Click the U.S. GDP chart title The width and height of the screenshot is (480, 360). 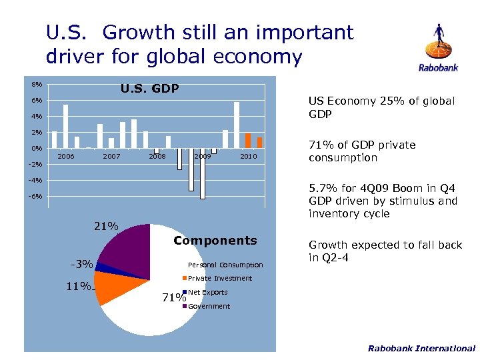149,88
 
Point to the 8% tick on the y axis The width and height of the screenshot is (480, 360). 36,85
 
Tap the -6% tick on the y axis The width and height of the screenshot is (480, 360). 35,197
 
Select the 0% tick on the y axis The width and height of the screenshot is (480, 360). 37,148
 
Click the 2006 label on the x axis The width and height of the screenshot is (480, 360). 65,157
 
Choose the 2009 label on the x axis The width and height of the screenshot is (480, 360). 203,157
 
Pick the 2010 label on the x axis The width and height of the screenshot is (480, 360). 248,157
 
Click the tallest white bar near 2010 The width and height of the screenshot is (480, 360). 237,125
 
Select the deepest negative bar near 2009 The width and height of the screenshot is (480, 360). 203,175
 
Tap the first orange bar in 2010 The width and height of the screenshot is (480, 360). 248,141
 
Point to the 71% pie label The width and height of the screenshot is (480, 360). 173,297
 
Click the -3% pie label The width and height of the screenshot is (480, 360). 81,265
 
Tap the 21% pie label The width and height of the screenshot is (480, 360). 106,227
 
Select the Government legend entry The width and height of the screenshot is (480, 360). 209,307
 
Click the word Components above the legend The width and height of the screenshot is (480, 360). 215,241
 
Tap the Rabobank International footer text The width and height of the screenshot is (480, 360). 421,348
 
